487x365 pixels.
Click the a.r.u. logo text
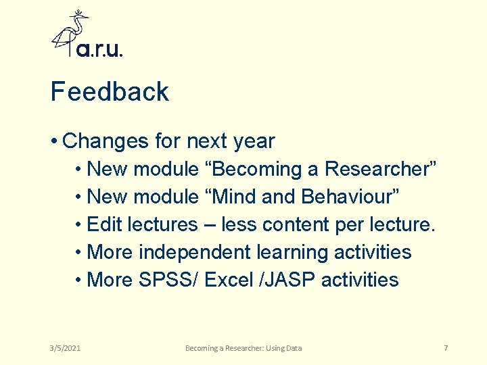pyautogui.click(x=99, y=50)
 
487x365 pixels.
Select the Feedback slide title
pyautogui.click(x=110, y=92)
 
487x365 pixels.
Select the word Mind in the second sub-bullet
pyautogui.click(x=231, y=197)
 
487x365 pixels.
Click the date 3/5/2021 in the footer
pyautogui.click(x=66, y=348)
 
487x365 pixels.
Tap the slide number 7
pyautogui.click(x=446, y=348)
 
